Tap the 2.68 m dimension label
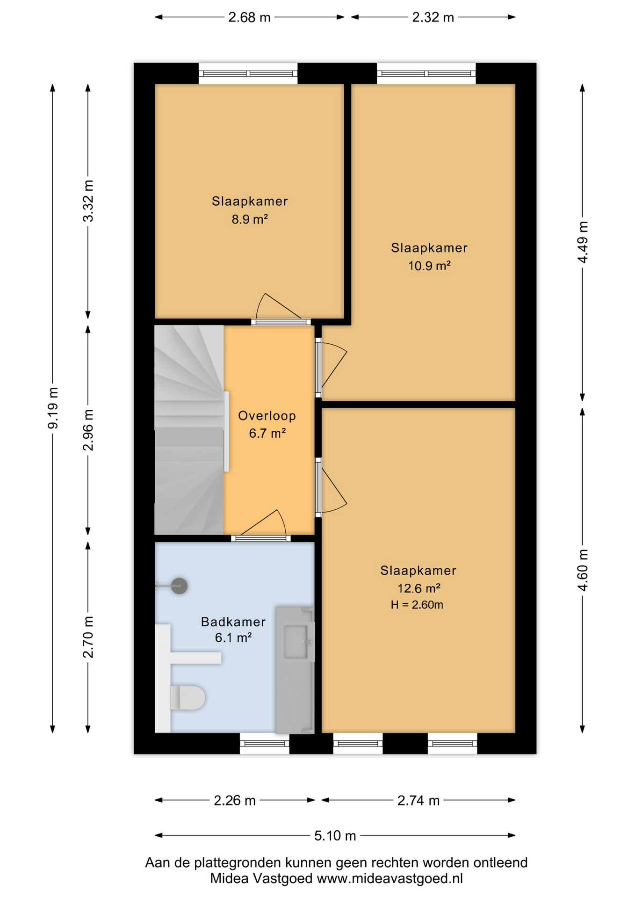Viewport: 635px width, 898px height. [249, 17]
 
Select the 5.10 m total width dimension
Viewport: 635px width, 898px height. [335, 835]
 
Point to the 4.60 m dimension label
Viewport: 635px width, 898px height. [583, 570]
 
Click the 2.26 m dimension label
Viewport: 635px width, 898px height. [235, 800]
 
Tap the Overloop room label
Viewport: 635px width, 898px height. [267, 415]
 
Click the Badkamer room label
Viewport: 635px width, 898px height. [233, 622]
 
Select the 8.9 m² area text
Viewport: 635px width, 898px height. [250, 219]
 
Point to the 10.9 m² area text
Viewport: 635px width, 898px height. [429, 266]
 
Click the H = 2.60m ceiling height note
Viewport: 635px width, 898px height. [417, 605]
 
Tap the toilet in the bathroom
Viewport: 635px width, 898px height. [188, 698]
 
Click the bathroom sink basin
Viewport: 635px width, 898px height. [298, 641]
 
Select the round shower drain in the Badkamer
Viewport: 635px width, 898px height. [179, 586]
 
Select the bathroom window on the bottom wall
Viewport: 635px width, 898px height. [265, 743]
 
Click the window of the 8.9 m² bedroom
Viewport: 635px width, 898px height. [248, 73]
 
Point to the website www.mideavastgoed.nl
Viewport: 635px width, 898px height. [390, 878]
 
